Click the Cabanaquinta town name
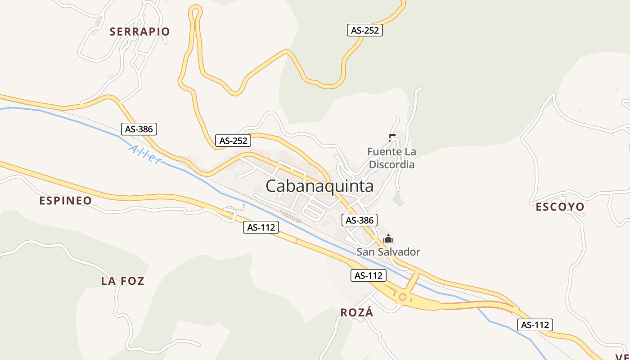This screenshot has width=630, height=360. [x=319, y=186]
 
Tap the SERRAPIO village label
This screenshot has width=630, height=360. [x=139, y=31]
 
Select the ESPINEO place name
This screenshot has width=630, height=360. [x=66, y=201]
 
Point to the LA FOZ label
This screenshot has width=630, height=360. [x=122, y=281]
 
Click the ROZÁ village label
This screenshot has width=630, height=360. [x=357, y=313]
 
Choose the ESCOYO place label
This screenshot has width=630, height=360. [x=560, y=207]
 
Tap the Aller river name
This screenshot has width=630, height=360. [x=144, y=154]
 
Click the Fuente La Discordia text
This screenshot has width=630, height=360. [x=391, y=158]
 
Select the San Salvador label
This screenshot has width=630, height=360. [x=388, y=252]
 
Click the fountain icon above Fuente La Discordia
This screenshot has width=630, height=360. [x=391, y=138]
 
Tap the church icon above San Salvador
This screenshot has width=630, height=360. [x=388, y=239]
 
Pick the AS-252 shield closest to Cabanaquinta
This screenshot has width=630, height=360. [x=233, y=140]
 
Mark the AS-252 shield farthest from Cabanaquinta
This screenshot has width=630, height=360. [x=365, y=30]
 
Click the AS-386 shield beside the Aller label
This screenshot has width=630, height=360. [x=139, y=129]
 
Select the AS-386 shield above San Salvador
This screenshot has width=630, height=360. [x=360, y=220]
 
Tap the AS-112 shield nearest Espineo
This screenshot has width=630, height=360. [x=261, y=227]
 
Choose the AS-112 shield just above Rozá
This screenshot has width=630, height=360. [x=369, y=275]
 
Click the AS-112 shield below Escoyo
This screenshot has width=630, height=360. [x=535, y=324]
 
